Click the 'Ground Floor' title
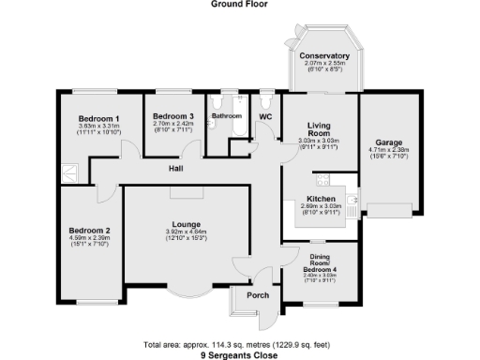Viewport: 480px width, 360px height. point(239,5)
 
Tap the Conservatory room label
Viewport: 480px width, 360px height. point(325,56)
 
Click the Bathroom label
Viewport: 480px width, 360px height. point(226,116)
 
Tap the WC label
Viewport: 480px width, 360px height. point(265,116)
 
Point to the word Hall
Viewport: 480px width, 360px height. point(175,169)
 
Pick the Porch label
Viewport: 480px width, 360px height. point(257,298)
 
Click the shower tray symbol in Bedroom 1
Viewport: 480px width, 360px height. point(68,170)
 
